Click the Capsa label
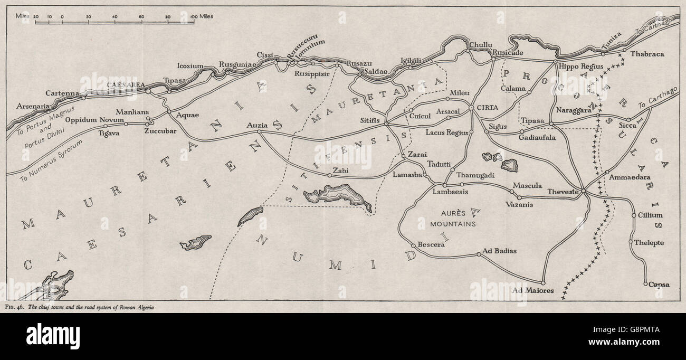pyautogui.click(x=659, y=285)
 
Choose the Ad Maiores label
pyautogui.click(x=533, y=290)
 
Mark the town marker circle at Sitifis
pyautogui.click(x=386, y=124)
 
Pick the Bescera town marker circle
pyautogui.click(x=413, y=245)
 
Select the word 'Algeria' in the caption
pyautogui.click(x=143, y=307)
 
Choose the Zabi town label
pyautogui.click(x=341, y=171)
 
